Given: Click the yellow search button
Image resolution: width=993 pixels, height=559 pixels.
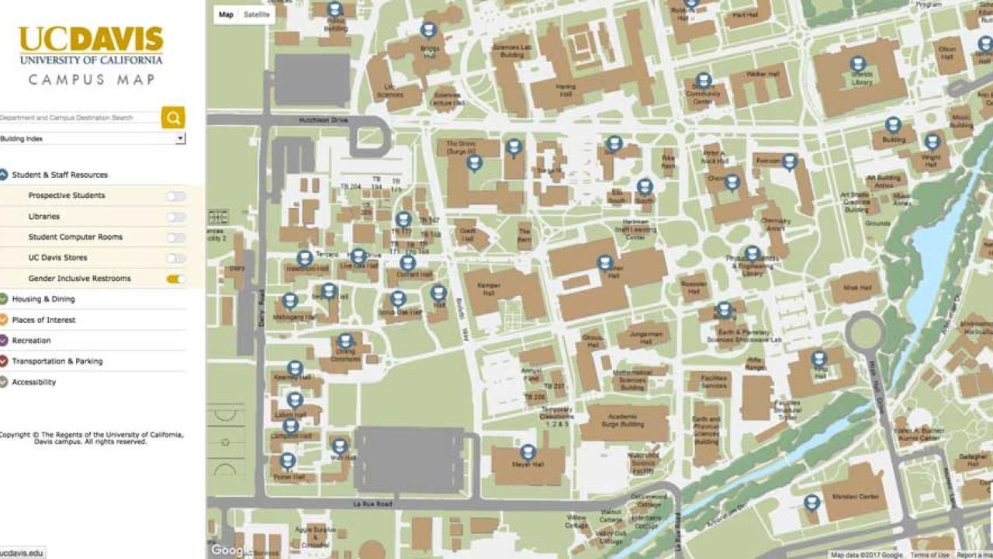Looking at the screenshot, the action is [x=173, y=117].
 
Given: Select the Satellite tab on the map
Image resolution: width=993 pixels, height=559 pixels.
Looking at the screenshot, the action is [x=257, y=15].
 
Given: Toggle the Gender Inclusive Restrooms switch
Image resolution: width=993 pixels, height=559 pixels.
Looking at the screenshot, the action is [x=176, y=279].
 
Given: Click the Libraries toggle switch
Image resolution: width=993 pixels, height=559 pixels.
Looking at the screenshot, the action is [x=176, y=217].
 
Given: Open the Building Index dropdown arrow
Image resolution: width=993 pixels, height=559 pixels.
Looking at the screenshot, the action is [x=180, y=138].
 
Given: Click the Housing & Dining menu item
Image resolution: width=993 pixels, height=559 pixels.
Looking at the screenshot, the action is [x=43, y=299].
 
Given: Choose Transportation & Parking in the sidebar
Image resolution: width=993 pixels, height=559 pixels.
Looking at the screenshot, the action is [x=57, y=361].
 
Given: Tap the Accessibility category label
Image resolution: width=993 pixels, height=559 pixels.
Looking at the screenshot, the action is [x=33, y=382].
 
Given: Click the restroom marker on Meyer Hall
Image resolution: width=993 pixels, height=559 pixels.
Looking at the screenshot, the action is [x=528, y=451].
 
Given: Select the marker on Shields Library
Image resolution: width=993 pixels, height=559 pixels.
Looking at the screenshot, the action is [x=857, y=63].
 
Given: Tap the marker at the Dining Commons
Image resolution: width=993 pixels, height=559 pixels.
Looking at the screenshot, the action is [x=345, y=341].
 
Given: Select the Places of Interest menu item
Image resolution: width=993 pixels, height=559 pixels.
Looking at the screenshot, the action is [x=43, y=320].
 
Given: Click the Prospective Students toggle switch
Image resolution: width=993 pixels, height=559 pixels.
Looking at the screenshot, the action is [x=176, y=196].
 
